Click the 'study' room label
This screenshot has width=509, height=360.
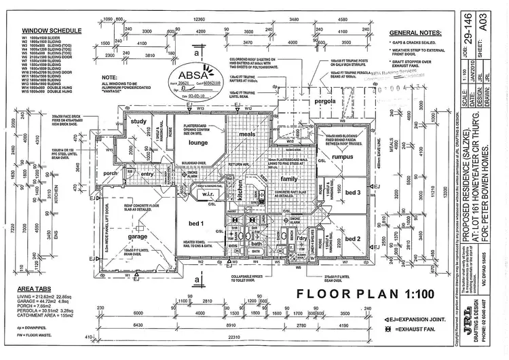click(x=140, y=122)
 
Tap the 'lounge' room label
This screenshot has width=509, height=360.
click(x=197, y=143)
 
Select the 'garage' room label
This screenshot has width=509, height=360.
click(x=138, y=237)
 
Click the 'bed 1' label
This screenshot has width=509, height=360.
click(x=196, y=223)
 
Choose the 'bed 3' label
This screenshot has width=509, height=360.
click(x=353, y=193)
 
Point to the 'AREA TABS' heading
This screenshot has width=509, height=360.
click(x=36, y=289)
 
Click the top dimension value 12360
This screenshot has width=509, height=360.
click(x=199, y=20)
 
